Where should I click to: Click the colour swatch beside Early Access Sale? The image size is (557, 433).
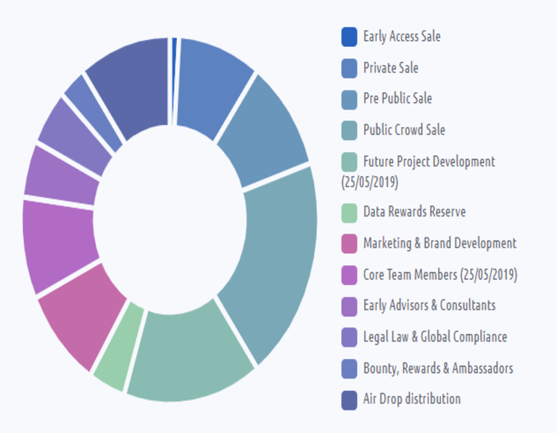click(x=350, y=36)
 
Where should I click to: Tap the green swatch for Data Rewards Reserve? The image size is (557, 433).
click(x=350, y=213)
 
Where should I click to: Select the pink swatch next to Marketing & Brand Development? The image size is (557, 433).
click(x=350, y=244)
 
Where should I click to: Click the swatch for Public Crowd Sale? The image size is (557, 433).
click(x=350, y=131)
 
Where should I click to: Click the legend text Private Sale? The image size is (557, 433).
click(x=391, y=68)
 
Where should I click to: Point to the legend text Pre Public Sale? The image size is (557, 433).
click(x=397, y=99)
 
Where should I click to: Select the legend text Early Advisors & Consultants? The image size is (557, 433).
click(x=429, y=305)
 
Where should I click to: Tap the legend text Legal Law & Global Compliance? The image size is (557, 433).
click(x=435, y=337)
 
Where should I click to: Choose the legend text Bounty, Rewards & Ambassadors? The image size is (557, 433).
click(x=438, y=368)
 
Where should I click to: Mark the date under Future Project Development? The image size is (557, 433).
click(x=370, y=181)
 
